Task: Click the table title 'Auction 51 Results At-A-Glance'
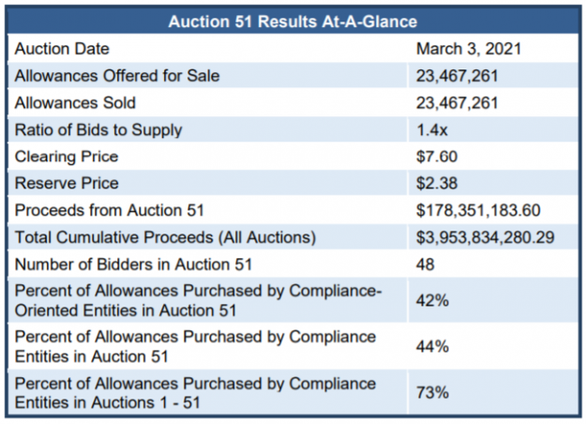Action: pyautogui.click(x=293, y=20)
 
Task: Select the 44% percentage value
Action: pyautogui.click(x=431, y=345)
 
